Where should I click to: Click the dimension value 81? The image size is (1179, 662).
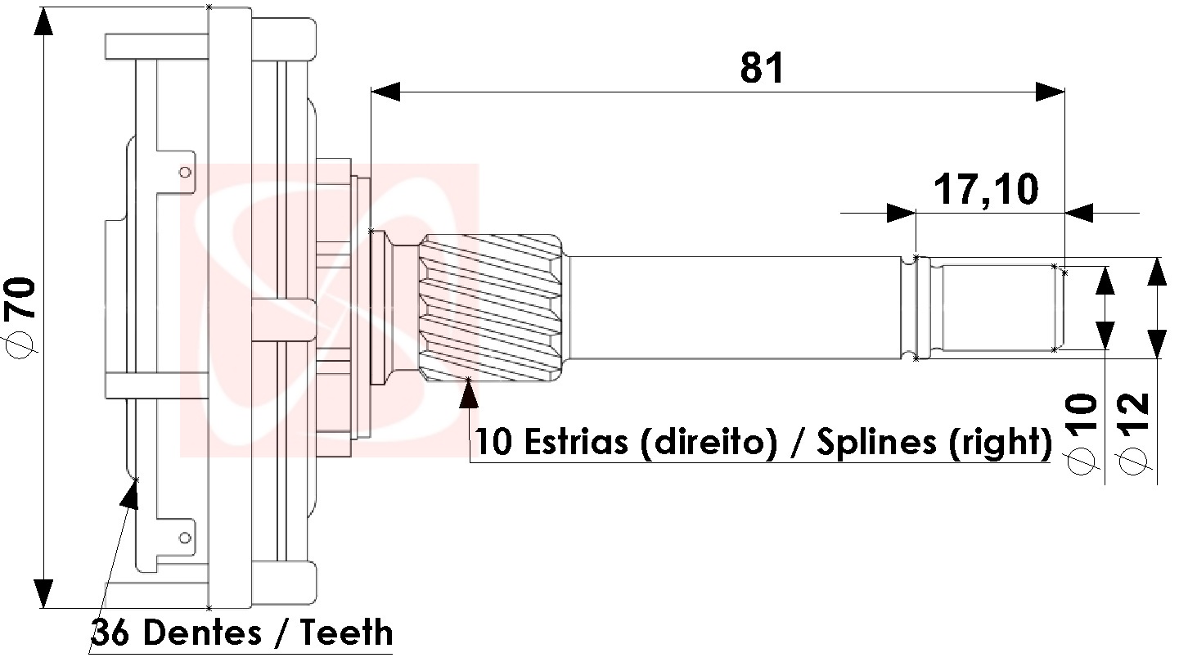(x=762, y=69)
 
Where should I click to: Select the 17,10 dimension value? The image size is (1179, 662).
(x=986, y=190)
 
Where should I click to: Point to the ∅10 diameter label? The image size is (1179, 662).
(x=1082, y=433)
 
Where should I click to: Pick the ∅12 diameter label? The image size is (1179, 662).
(x=1136, y=433)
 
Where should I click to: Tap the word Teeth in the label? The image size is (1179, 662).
(x=347, y=633)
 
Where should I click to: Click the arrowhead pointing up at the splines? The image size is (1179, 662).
(x=469, y=393)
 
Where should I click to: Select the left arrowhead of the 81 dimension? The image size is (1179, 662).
(x=385, y=92)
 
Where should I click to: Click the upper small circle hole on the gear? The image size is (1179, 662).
(x=185, y=173)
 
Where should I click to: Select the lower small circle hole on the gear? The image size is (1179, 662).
(x=185, y=538)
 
